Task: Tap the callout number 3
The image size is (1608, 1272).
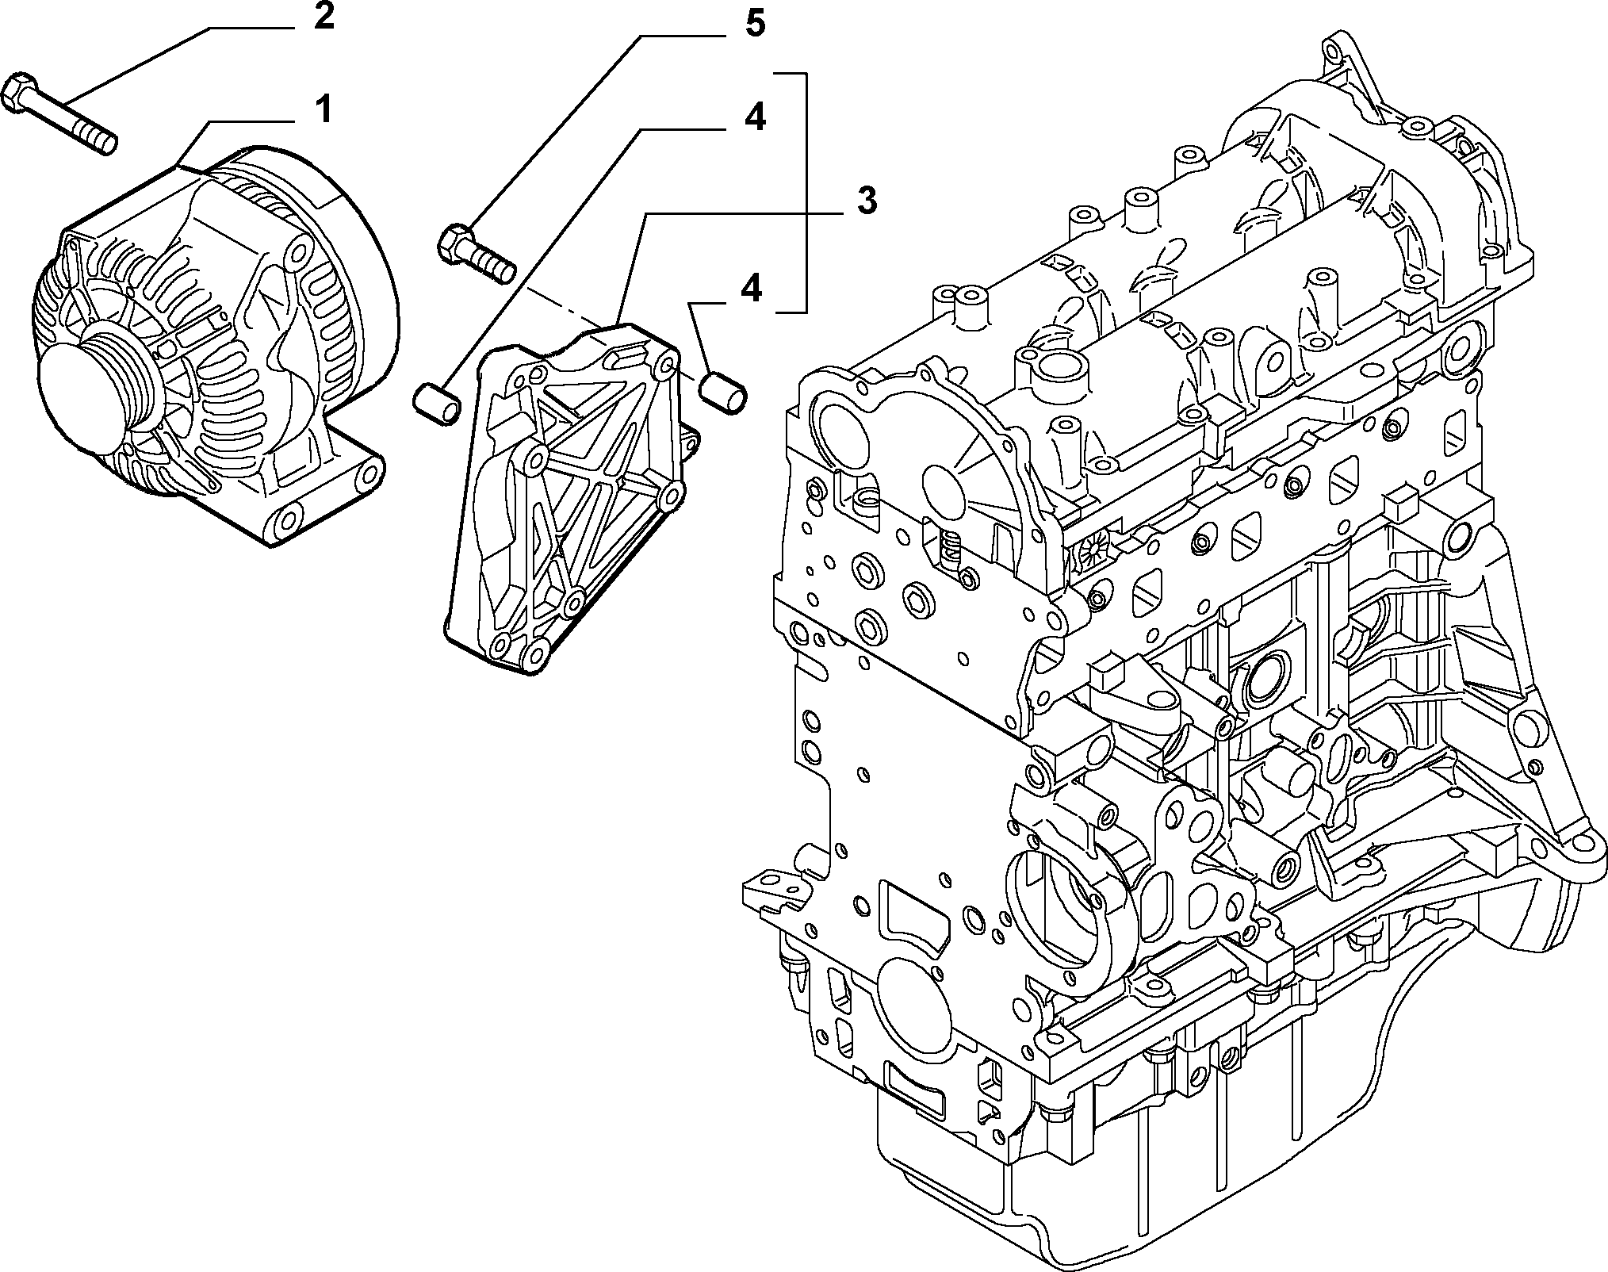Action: point(867,203)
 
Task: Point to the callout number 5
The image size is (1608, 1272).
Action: point(754,25)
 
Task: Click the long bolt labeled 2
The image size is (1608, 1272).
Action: point(60,112)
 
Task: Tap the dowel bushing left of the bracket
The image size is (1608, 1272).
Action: point(437,397)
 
